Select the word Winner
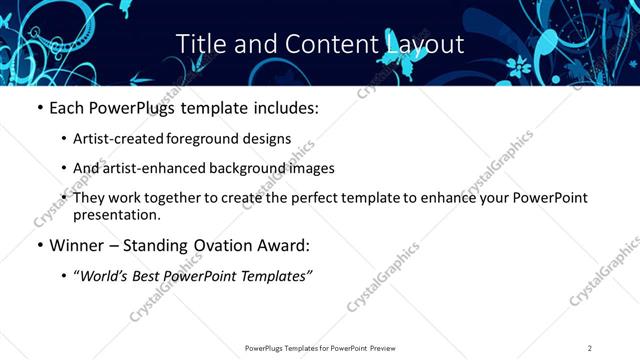pos(79,245)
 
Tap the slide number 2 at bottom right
pos(590,348)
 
